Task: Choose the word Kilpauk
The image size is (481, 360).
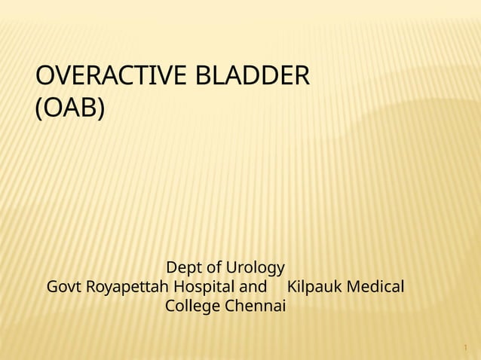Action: coord(315,288)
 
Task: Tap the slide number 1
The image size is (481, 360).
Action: coord(466,349)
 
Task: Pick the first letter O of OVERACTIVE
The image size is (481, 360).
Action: coord(45,77)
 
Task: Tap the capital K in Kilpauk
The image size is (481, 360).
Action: coord(293,287)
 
